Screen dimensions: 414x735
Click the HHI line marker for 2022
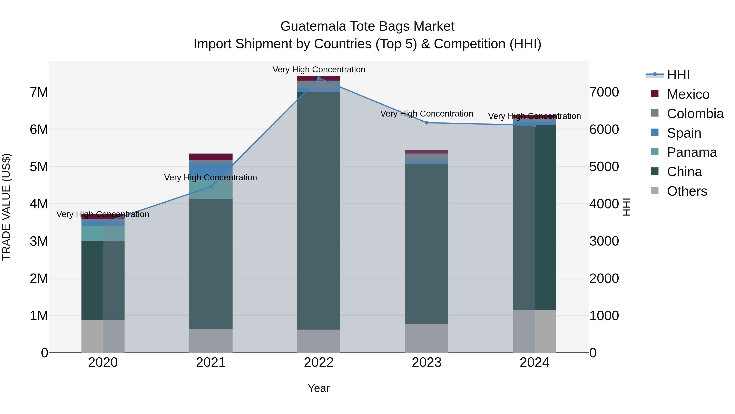(x=319, y=78)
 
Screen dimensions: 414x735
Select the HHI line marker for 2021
(x=211, y=187)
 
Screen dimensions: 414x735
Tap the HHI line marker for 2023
(x=427, y=123)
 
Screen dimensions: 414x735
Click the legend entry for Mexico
(x=688, y=94)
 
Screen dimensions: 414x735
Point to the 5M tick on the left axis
(x=39, y=167)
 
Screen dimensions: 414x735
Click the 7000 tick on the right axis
(x=604, y=92)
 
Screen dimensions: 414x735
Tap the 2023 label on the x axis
(x=427, y=362)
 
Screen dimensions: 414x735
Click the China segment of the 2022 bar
(x=319, y=211)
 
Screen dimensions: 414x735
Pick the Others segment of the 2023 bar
(x=427, y=338)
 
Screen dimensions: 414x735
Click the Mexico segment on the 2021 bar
(x=211, y=157)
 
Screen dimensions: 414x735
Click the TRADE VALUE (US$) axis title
(x=7, y=207)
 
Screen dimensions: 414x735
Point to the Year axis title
(x=319, y=388)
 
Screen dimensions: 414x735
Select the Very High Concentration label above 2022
(x=319, y=70)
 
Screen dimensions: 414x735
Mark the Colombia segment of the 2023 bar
(x=427, y=157)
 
